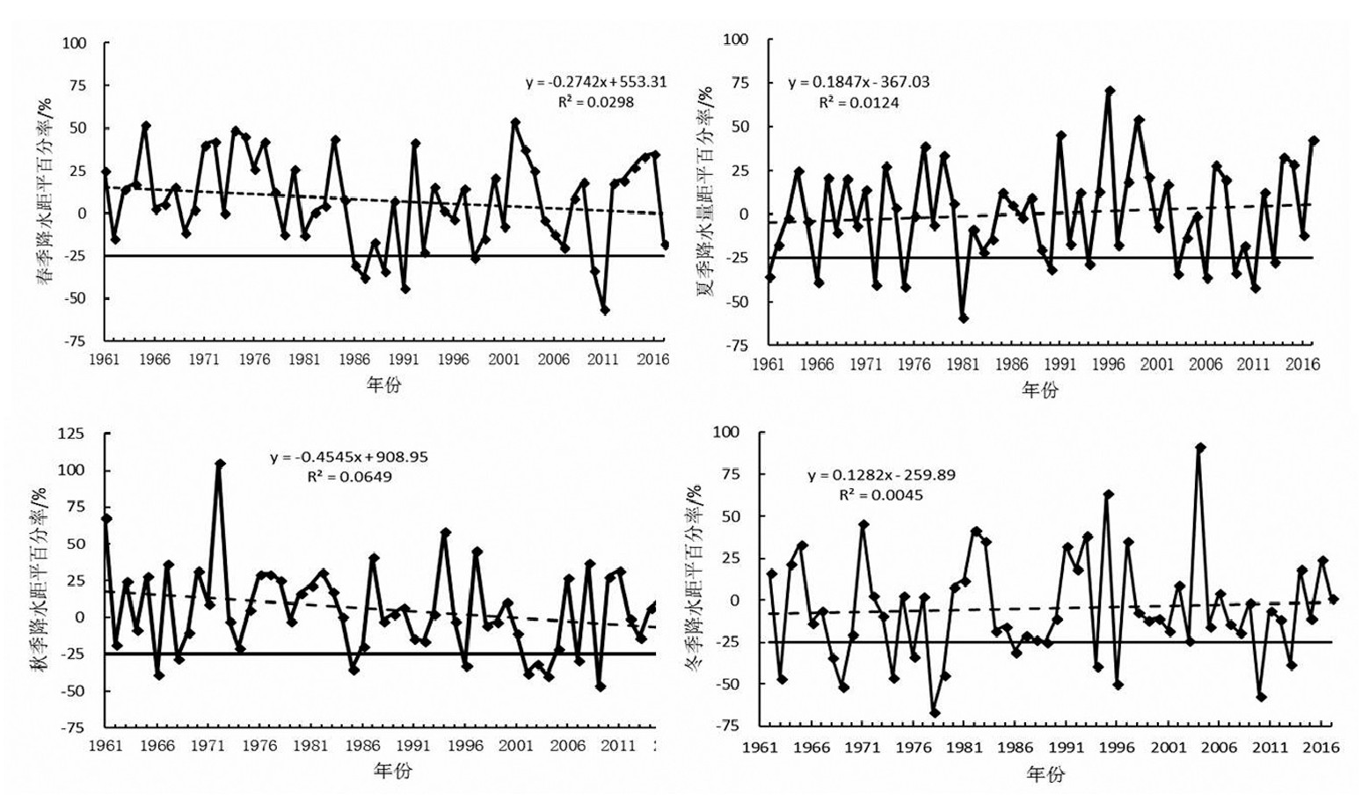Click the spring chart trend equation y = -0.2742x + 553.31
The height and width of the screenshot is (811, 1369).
coord(596,82)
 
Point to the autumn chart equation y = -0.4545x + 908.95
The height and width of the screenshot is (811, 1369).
coord(349,457)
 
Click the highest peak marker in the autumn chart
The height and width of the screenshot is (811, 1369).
coord(220,464)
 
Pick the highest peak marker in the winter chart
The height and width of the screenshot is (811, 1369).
coord(1200,448)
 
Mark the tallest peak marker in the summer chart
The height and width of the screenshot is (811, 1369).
coord(1110,91)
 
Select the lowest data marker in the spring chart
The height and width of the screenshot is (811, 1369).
coord(605,310)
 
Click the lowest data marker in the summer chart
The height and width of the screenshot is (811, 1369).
coord(964,318)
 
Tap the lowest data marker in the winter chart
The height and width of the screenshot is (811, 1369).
coord(935,712)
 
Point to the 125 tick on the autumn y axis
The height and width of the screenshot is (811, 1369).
coord(71,433)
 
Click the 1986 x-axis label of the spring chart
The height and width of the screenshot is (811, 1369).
coord(355,359)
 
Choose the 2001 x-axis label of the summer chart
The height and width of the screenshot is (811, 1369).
coord(1157,363)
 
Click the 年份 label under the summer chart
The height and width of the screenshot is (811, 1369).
coord(1040,390)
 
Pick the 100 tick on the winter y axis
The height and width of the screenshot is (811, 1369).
coord(727,432)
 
